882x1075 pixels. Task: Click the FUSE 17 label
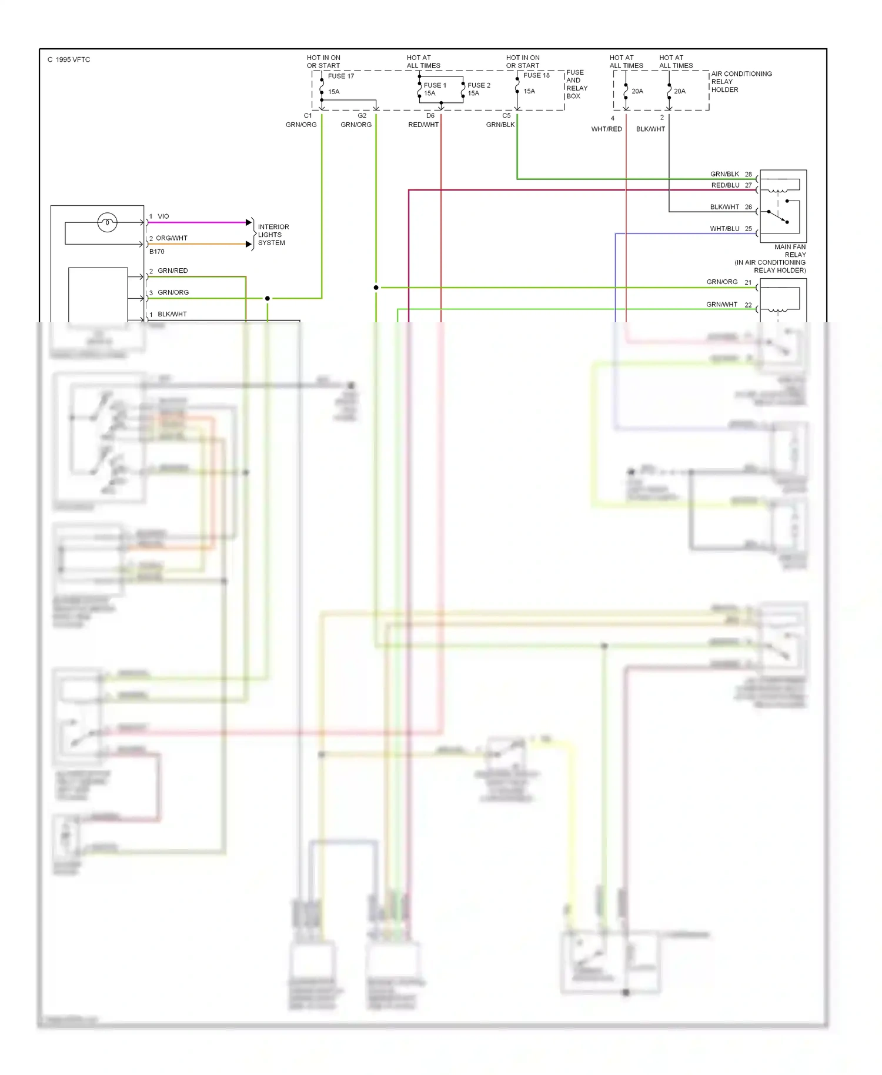point(341,76)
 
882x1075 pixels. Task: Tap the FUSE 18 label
point(536,75)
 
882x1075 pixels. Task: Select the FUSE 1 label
point(435,85)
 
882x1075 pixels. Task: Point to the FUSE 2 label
point(479,85)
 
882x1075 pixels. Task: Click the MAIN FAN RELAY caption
point(790,251)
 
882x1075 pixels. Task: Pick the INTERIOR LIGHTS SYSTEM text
point(273,235)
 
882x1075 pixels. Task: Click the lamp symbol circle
point(107,222)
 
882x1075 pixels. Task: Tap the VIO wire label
point(163,216)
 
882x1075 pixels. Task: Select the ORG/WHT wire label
point(171,238)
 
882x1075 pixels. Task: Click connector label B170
point(157,252)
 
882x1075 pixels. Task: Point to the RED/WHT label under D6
point(423,125)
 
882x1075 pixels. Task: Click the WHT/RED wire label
point(606,129)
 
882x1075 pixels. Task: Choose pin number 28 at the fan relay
point(748,174)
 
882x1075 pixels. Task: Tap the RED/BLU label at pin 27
point(725,185)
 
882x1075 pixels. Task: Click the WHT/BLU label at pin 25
point(724,229)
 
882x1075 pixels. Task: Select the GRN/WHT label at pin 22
point(721,305)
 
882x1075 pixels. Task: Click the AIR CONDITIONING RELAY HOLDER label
point(741,82)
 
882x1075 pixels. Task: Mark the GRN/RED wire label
point(172,271)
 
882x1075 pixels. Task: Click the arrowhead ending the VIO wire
point(249,222)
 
